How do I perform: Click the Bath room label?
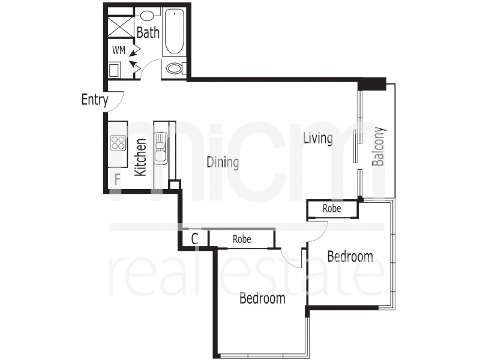point(148,32)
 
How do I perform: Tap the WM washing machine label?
point(118,51)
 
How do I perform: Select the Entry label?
point(94,100)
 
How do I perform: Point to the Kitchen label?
point(140,157)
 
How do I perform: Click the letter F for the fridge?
point(118,178)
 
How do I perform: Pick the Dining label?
point(223,162)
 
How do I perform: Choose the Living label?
point(317,139)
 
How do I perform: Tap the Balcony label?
point(378,146)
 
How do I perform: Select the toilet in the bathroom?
point(175,68)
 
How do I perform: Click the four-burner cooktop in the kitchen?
point(118,143)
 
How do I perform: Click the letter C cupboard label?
point(194,239)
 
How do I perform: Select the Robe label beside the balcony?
point(332,209)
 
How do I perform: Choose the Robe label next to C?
point(241,239)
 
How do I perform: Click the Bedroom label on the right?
point(350,257)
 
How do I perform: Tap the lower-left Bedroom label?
point(262,298)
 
